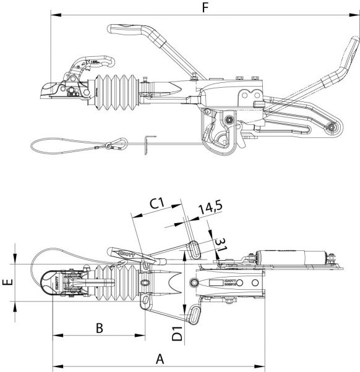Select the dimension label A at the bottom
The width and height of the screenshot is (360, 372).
(160, 357)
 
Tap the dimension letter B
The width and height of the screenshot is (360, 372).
(99, 328)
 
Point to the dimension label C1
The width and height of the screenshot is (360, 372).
(156, 202)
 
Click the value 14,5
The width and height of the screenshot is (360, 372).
(210, 209)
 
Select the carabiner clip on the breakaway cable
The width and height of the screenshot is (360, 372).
(114, 146)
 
